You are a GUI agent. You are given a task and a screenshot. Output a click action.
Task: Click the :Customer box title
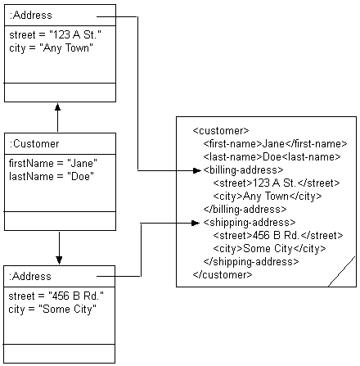tap(30, 144)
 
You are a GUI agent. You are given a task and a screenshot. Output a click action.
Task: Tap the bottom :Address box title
tap(30, 276)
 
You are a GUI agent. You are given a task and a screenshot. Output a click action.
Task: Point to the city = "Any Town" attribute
tap(50, 47)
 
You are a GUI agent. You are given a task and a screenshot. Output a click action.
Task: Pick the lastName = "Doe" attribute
tap(47, 175)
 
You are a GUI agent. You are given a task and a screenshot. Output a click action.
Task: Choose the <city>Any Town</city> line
tap(267, 196)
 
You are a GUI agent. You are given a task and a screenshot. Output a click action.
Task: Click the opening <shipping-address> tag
tap(248, 222)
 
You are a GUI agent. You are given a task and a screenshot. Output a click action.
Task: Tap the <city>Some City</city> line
tap(269, 248)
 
